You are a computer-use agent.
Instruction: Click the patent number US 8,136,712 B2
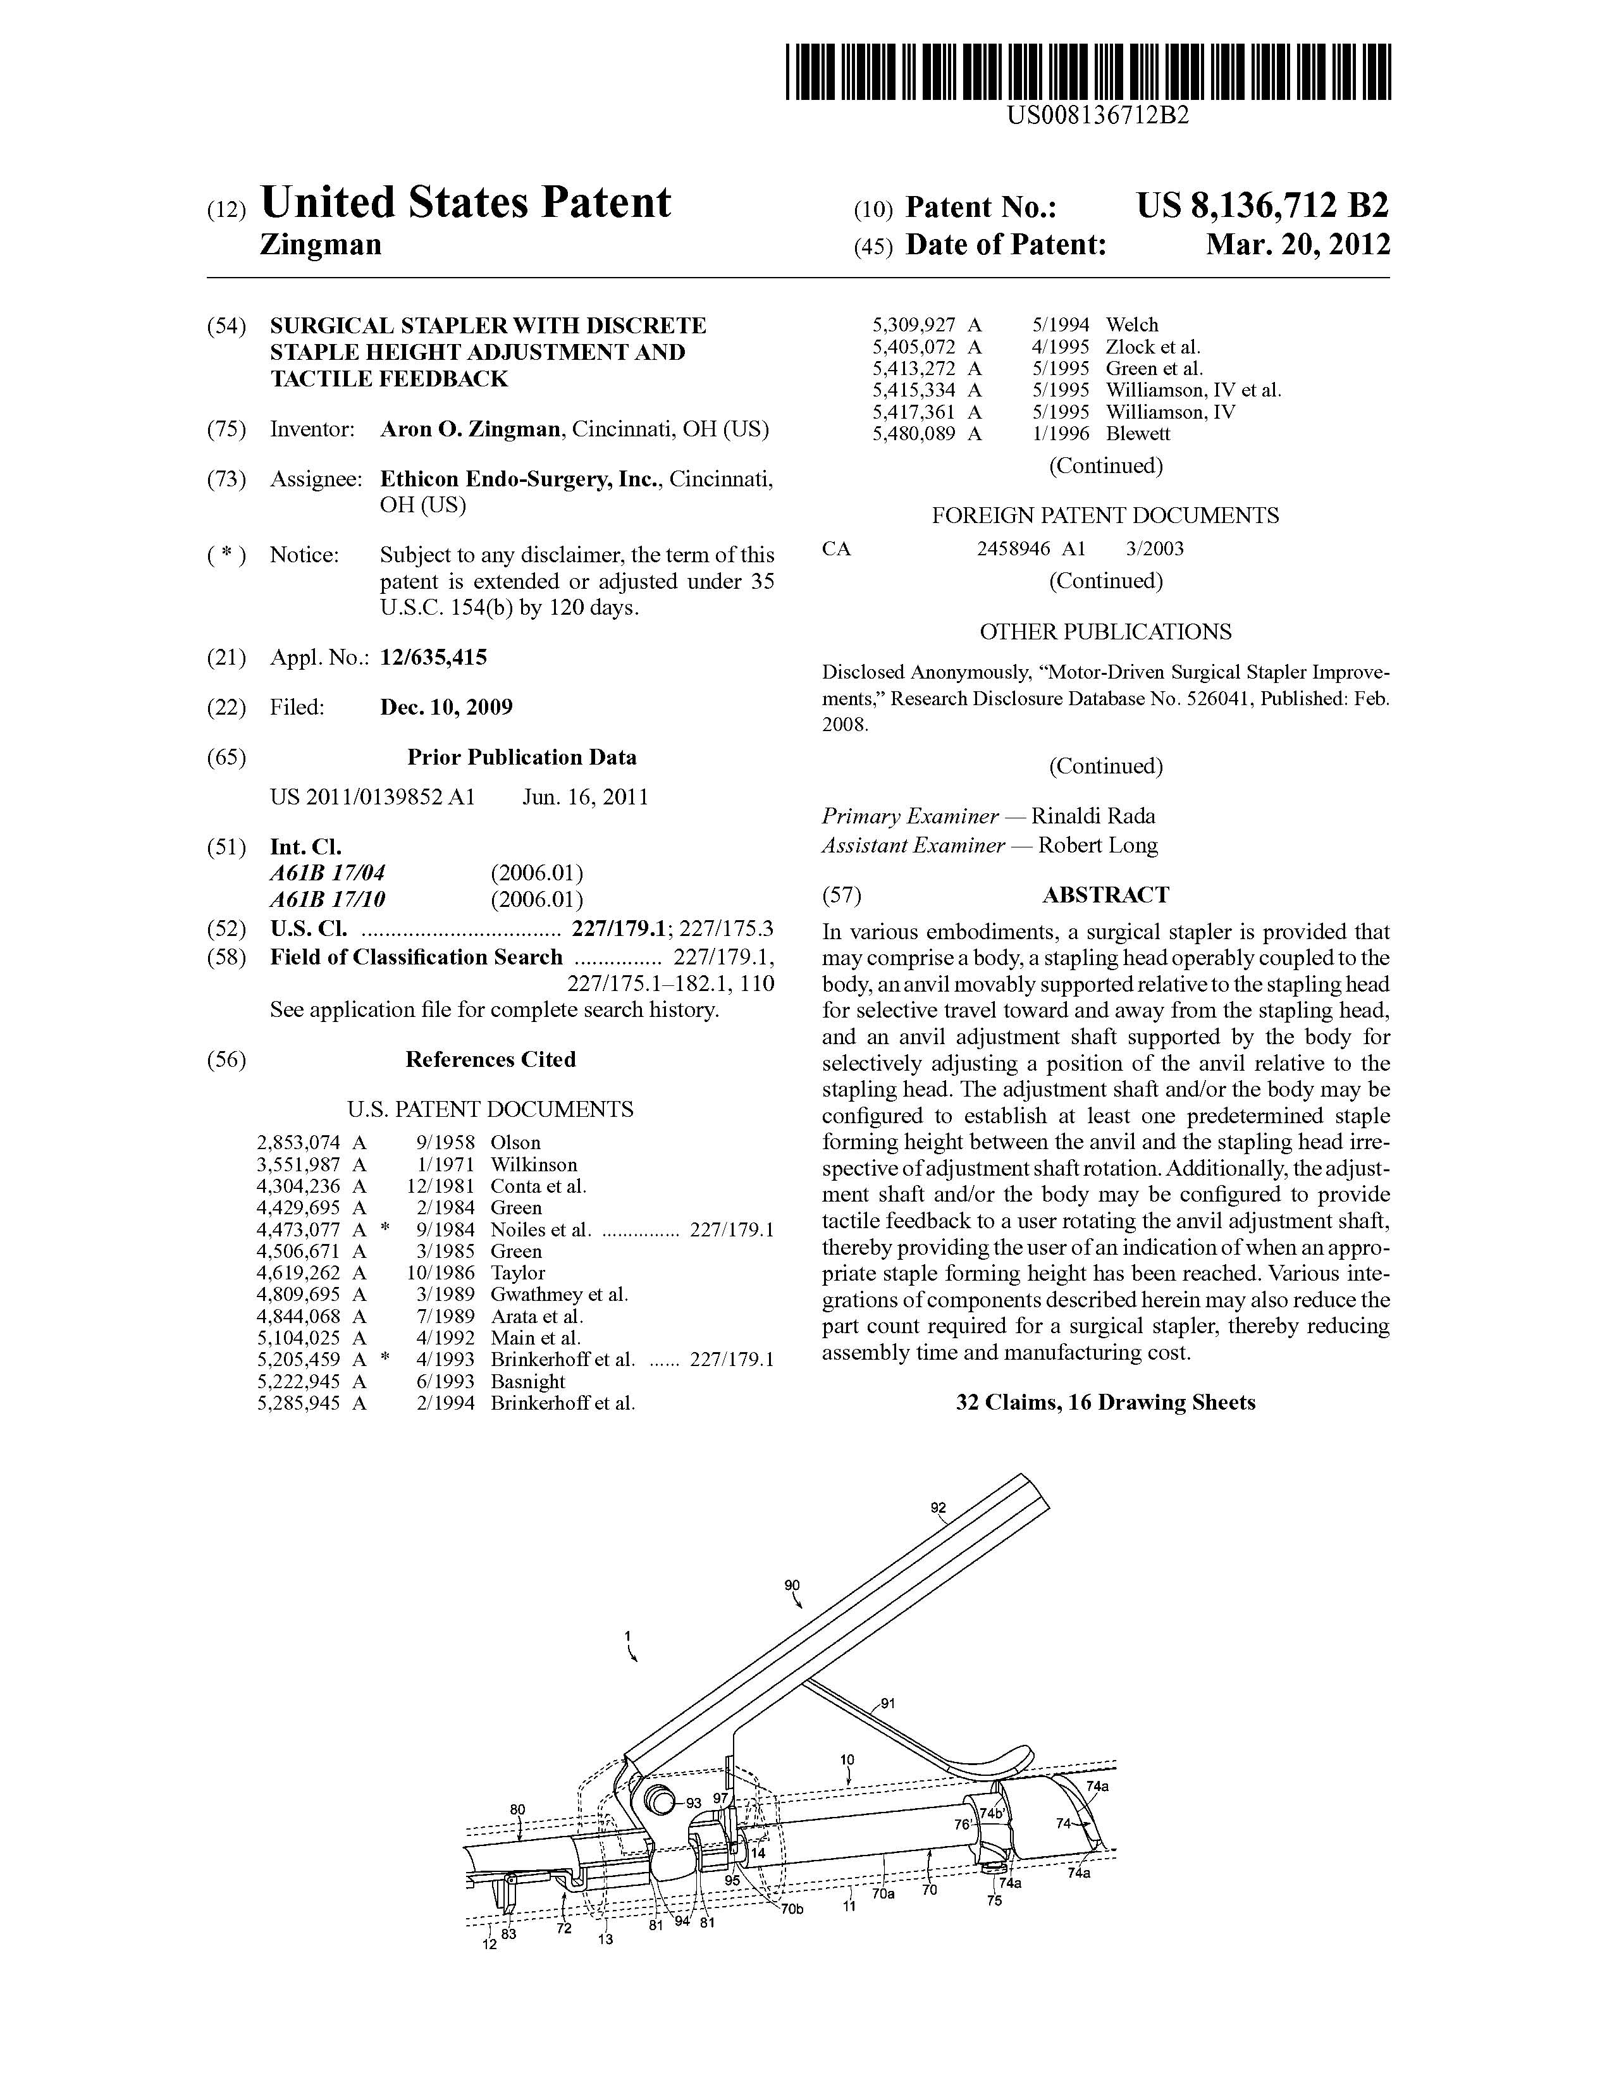1262,206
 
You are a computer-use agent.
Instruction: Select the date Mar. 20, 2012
1297,245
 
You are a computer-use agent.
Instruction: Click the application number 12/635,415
433,658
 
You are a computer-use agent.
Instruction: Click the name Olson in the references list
515,1143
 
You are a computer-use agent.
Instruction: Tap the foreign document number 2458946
1013,548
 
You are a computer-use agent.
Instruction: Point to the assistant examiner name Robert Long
1097,845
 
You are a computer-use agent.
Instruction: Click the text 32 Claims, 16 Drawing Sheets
1105,1403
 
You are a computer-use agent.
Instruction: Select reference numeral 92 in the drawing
939,1508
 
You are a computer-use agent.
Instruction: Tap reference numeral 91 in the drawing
888,1703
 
